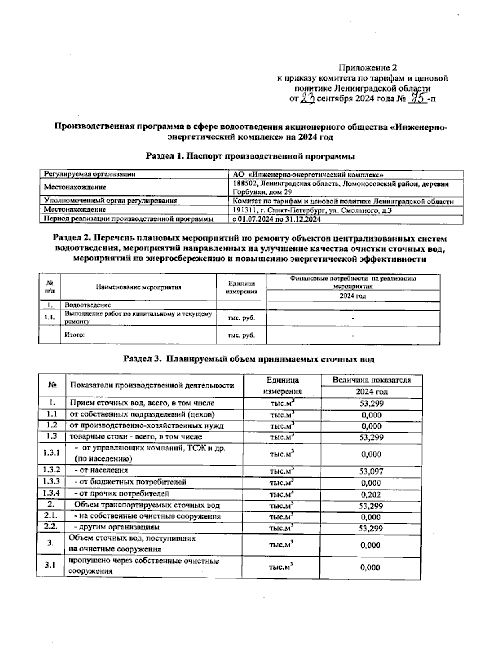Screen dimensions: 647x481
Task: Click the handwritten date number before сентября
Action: [x=307, y=98]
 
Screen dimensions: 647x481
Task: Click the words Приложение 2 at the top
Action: [x=368, y=67]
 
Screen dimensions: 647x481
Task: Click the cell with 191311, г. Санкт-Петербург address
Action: [x=312, y=210]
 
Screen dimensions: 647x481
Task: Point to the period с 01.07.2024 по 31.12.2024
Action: [x=277, y=219]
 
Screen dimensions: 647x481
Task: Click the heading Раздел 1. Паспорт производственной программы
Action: [x=251, y=156]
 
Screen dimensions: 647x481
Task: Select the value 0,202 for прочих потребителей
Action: [x=371, y=495]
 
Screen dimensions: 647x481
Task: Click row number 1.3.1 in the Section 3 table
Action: [x=51, y=453]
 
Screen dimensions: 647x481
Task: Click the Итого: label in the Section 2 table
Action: [x=75, y=334]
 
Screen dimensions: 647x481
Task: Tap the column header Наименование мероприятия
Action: [x=138, y=287]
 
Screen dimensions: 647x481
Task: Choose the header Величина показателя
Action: [x=372, y=380]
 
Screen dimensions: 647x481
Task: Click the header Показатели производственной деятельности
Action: [x=152, y=385]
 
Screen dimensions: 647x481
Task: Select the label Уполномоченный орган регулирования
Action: [x=111, y=201]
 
